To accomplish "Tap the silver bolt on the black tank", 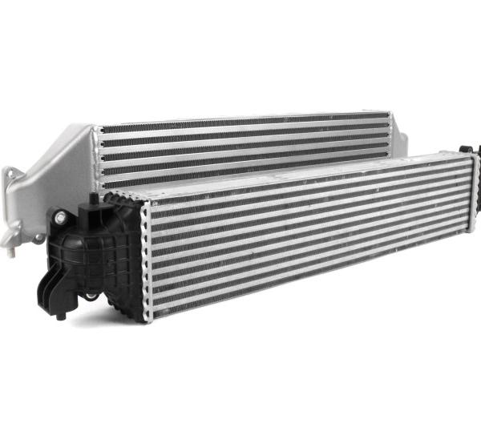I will click(x=60, y=216).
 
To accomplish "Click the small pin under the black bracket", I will click(x=61, y=316).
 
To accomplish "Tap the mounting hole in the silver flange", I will click(x=10, y=175).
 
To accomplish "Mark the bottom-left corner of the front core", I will click(x=146, y=320).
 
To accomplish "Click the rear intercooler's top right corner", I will click(x=390, y=114).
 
